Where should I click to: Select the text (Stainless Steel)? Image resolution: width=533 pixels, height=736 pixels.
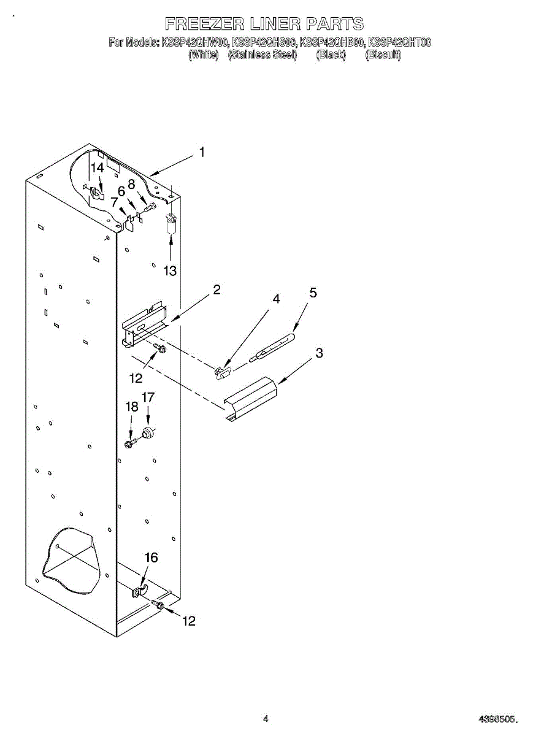pos(263,55)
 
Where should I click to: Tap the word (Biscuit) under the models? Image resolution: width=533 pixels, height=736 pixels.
pos(383,55)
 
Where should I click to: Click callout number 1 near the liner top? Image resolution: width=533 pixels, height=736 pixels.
pos(202,153)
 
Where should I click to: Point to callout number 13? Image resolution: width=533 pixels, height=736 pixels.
pos(169,270)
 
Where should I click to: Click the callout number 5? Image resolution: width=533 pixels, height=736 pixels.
pos(313,293)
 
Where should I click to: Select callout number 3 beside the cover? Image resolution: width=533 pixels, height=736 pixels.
pos(319,353)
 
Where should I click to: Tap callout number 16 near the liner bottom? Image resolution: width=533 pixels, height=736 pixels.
pos(151,558)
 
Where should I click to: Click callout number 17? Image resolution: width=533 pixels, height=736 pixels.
pos(148,397)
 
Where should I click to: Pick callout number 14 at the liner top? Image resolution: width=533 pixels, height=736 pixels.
pos(98,167)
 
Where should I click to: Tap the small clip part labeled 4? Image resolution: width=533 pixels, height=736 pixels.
pos(222,371)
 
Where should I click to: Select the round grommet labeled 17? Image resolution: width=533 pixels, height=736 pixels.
pos(148,434)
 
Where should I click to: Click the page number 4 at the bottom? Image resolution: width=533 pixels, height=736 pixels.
pos(266,719)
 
